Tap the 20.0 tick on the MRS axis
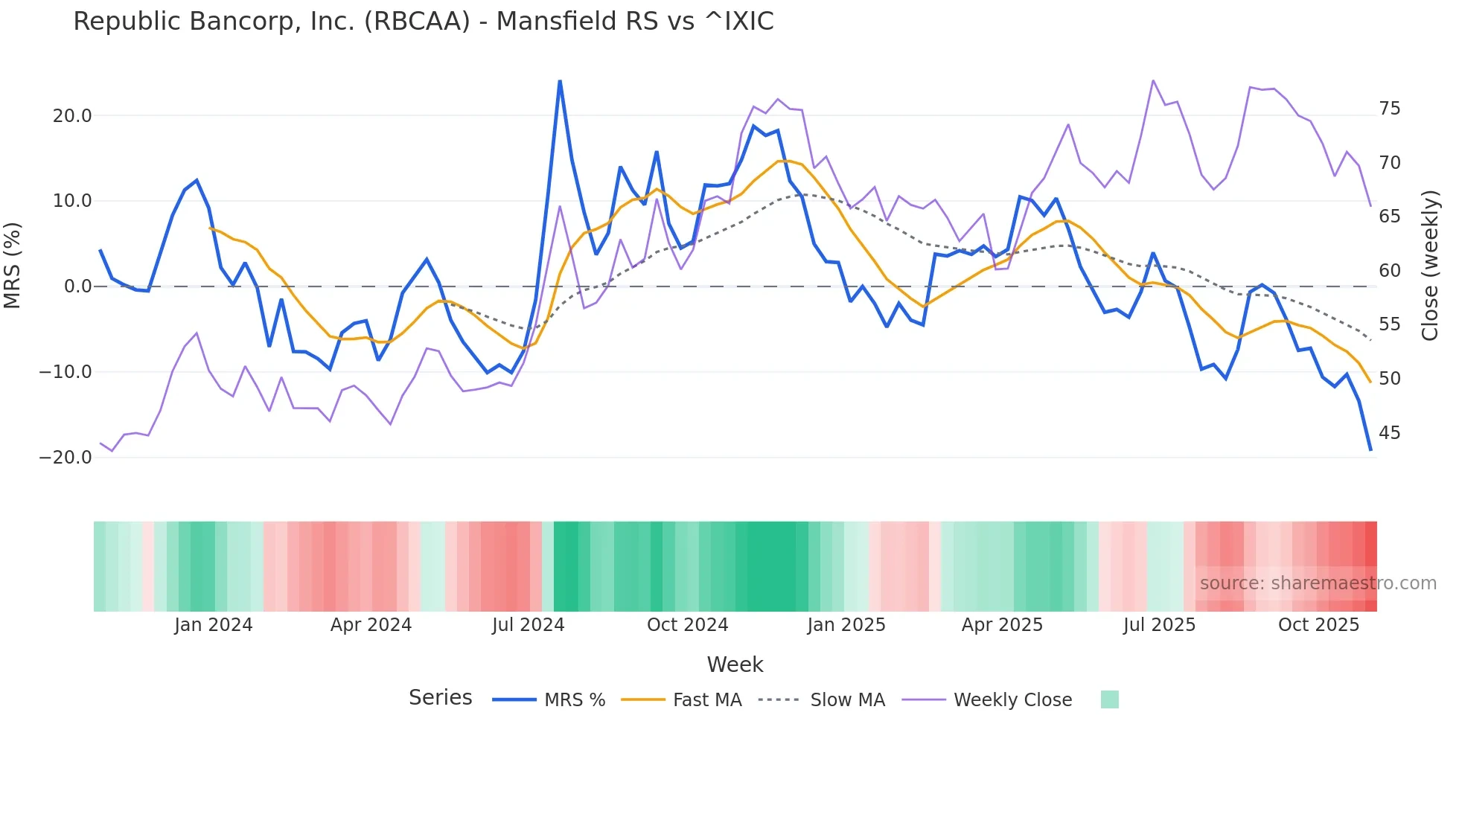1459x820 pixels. (71, 116)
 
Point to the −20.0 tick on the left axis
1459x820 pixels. (66, 458)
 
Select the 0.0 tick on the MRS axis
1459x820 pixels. (77, 286)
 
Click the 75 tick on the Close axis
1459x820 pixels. (1389, 109)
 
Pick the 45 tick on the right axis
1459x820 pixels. (1389, 432)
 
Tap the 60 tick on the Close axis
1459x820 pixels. (1389, 271)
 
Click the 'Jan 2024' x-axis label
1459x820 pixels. (214, 625)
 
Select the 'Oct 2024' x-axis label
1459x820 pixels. (687, 625)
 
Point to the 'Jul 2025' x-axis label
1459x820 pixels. (1159, 625)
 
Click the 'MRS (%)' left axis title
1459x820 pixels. (13, 265)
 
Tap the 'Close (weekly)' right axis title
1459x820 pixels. (1430, 266)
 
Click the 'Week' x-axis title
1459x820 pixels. (735, 664)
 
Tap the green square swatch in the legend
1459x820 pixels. (1109, 699)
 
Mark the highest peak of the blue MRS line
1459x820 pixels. (560, 81)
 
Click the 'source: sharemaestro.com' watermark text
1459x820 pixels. (1318, 583)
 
